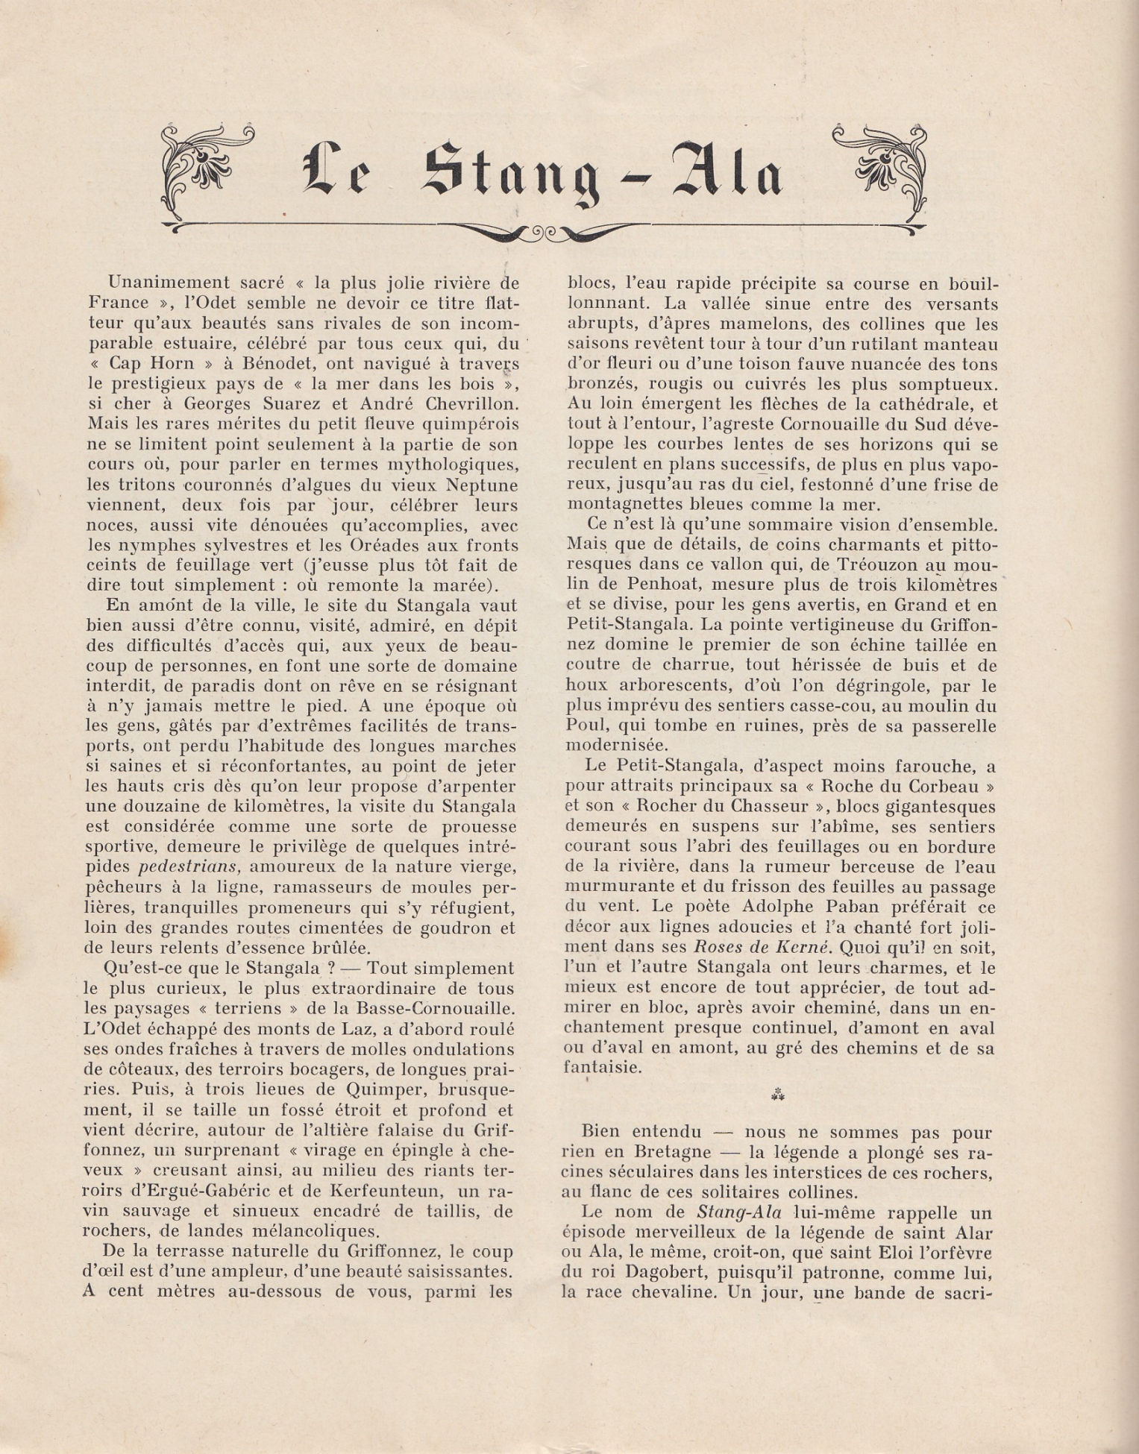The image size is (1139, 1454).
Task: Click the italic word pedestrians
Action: [189, 867]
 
